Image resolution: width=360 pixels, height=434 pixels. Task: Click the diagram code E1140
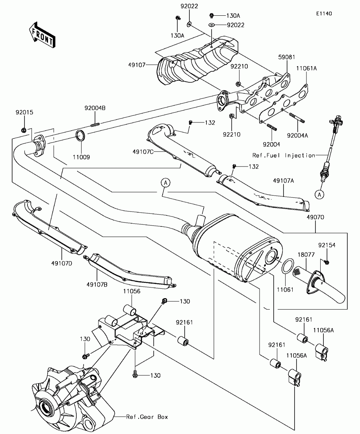pos(323,13)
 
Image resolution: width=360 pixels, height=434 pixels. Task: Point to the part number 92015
pos(24,112)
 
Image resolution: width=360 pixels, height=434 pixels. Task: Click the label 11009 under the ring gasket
pos(81,157)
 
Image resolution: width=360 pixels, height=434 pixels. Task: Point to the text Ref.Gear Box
pos(147,417)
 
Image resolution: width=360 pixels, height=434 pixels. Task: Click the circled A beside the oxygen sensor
pos(319,193)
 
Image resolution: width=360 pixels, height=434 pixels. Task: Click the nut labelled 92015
pos(23,130)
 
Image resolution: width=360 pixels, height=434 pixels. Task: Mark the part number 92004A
pos(297,135)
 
